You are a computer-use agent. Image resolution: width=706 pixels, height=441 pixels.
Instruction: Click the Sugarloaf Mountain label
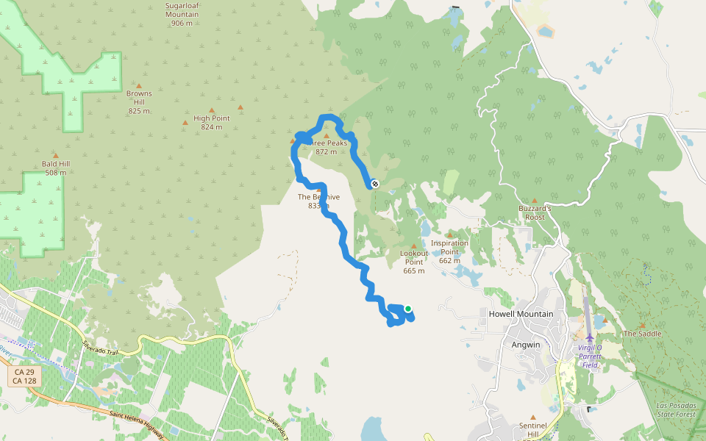(x=182, y=13)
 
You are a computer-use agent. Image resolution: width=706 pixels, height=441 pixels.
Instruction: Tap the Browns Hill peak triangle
(x=139, y=86)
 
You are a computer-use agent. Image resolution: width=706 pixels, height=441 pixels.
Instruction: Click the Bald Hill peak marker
(x=55, y=156)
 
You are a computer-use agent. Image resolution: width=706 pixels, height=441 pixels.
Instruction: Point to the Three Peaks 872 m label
(x=326, y=148)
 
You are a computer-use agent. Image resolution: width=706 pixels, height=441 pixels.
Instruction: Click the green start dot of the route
(x=407, y=309)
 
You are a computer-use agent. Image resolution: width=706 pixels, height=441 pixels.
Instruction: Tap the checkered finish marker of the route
(x=374, y=184)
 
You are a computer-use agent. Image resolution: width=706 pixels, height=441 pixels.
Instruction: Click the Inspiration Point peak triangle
(x=449, y=236)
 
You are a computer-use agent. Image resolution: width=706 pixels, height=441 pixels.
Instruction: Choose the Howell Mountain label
(x=521, y=314)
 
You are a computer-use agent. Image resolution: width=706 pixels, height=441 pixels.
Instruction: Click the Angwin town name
(x=527, y=344)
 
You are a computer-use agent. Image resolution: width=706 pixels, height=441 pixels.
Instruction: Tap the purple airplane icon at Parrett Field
(x=590, y=337)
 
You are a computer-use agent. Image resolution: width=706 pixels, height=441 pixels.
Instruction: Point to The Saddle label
(x=642, y=334)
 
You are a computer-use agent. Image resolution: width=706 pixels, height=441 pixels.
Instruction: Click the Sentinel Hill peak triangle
(x=533, y=415)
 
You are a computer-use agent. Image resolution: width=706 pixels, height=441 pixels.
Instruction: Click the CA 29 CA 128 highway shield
(x=24, y=376)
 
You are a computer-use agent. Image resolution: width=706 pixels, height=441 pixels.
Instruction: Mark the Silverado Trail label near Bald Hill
(x=101, y=348)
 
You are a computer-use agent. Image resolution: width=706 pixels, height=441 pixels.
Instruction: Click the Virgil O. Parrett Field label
(x=590, y=356)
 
